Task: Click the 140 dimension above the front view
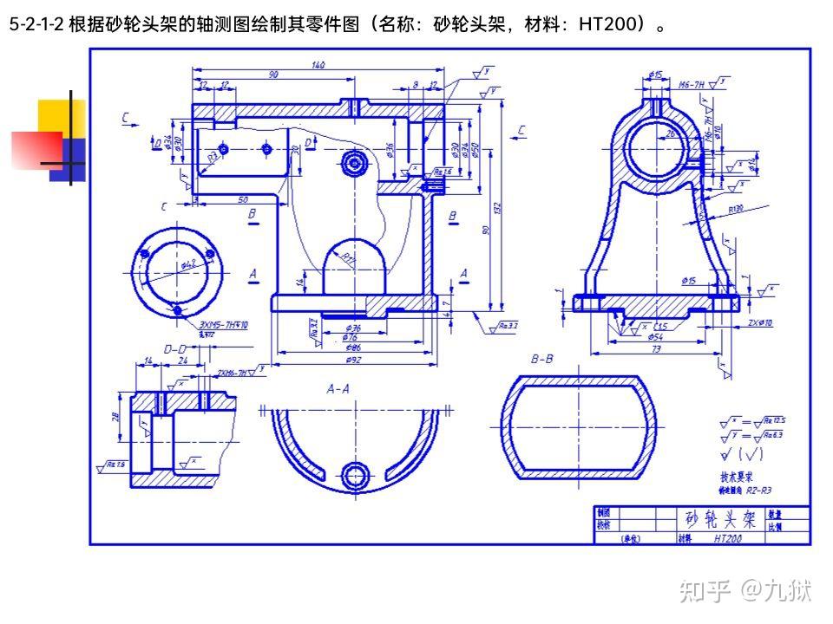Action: pyautogui.click(x=318, y=64)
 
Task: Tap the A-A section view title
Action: pyautogui.click(x=338, y=389)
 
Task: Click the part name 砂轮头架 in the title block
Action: pyautogui.click(x=720, y=519)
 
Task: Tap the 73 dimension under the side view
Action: pyautogui.click(x=656, y=349)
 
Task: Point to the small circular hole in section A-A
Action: pyautogui.click(x=354, y=474)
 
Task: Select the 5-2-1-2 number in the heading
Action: pyautogui.click(x=36, y=25)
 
